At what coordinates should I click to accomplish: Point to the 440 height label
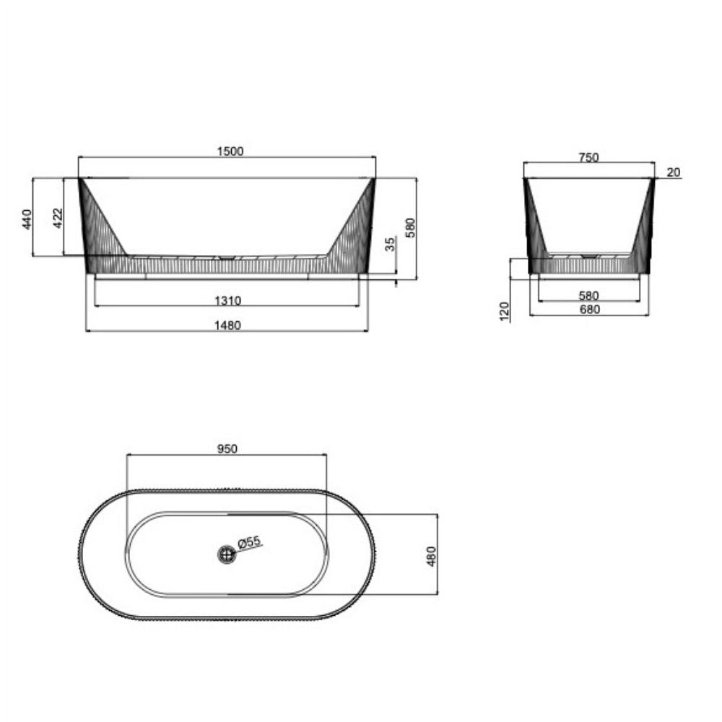[27, 218]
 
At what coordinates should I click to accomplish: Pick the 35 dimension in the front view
[391, 244]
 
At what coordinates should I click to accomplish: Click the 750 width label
[589, 158]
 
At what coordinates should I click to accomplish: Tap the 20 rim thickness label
[673, 172]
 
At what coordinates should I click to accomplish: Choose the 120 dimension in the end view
[505, 310]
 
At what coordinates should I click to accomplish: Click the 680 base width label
[589, 310]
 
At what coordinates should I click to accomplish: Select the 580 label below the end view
[589, 295]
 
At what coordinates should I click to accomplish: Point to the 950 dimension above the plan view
[227, 448]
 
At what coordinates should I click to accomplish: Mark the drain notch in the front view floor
[226, 256]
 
